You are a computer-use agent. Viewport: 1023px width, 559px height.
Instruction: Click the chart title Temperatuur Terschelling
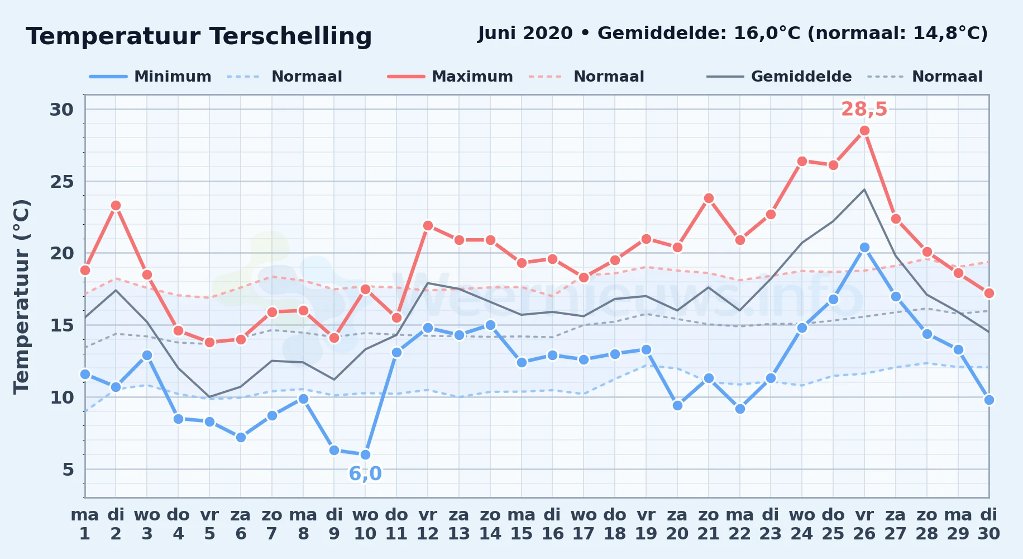pos(199,36)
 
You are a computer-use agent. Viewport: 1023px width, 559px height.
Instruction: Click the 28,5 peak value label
pos(864,109)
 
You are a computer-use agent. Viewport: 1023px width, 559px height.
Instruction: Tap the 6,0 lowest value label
pos(365,473)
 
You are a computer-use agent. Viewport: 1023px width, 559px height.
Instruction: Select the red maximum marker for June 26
pos(864,130)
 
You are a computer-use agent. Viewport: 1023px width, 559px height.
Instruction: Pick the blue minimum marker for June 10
pos(365,454)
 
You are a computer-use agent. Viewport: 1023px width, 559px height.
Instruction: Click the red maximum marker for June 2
pos(116,205)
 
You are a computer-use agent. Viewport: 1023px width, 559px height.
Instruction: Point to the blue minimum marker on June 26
pos(864,247)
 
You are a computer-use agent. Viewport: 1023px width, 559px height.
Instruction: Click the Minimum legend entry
pos(150,77)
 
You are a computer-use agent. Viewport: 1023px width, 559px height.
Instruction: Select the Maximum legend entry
pos(450,77)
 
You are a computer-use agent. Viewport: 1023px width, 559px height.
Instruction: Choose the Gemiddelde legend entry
pos(779,77)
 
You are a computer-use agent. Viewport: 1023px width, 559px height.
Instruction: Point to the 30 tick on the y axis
pos(61,110)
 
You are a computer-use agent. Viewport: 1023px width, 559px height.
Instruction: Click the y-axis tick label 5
pos(68,470)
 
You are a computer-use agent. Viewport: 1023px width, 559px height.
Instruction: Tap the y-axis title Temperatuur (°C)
pos(21,296)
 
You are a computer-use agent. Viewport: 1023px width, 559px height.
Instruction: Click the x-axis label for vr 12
pos(428,524)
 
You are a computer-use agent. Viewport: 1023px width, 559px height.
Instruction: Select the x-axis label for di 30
pos(988,524)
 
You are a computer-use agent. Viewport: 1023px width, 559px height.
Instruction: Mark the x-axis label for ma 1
pos(85,524)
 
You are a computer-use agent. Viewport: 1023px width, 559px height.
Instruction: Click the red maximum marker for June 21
pos(709,198)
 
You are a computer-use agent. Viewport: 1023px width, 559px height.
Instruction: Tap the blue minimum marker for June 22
pos(740,409)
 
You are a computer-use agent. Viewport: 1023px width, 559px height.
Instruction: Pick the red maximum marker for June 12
pos(428,225)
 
